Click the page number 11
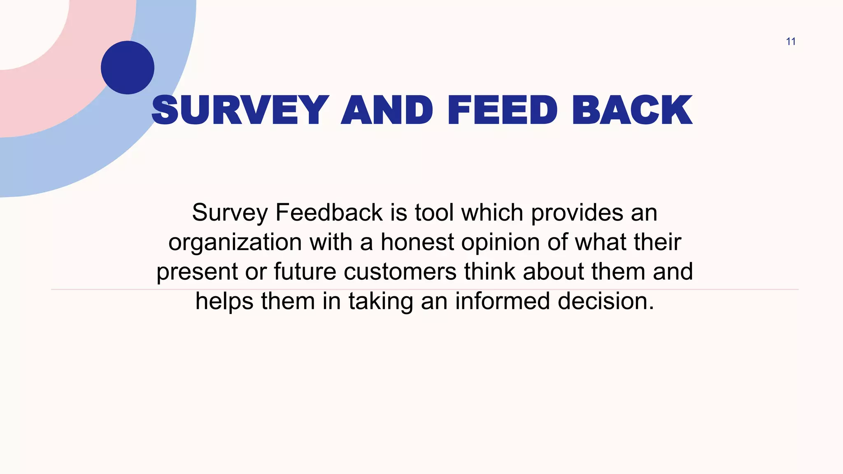coord(790,42)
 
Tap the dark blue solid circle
coord(128,67)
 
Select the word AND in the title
coord(387,110)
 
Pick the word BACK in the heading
coord(632,110)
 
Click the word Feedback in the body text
coord(329,213)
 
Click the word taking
coord(381,302)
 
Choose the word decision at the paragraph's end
coord(605,301)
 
